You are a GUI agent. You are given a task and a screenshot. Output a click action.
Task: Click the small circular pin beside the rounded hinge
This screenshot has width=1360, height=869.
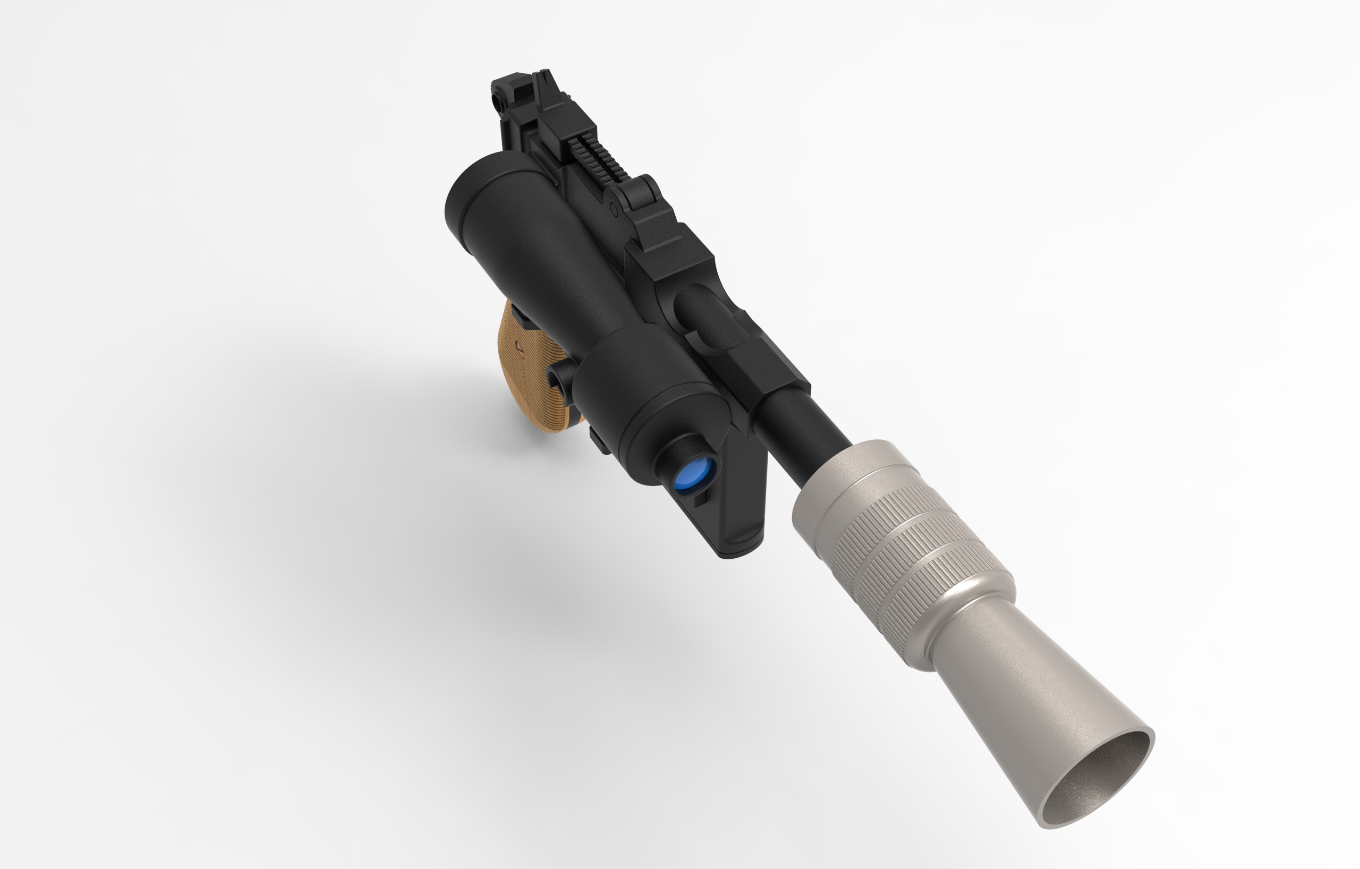point(615,211)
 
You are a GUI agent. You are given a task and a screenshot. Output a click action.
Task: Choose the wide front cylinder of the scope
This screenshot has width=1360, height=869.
point(650,389)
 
